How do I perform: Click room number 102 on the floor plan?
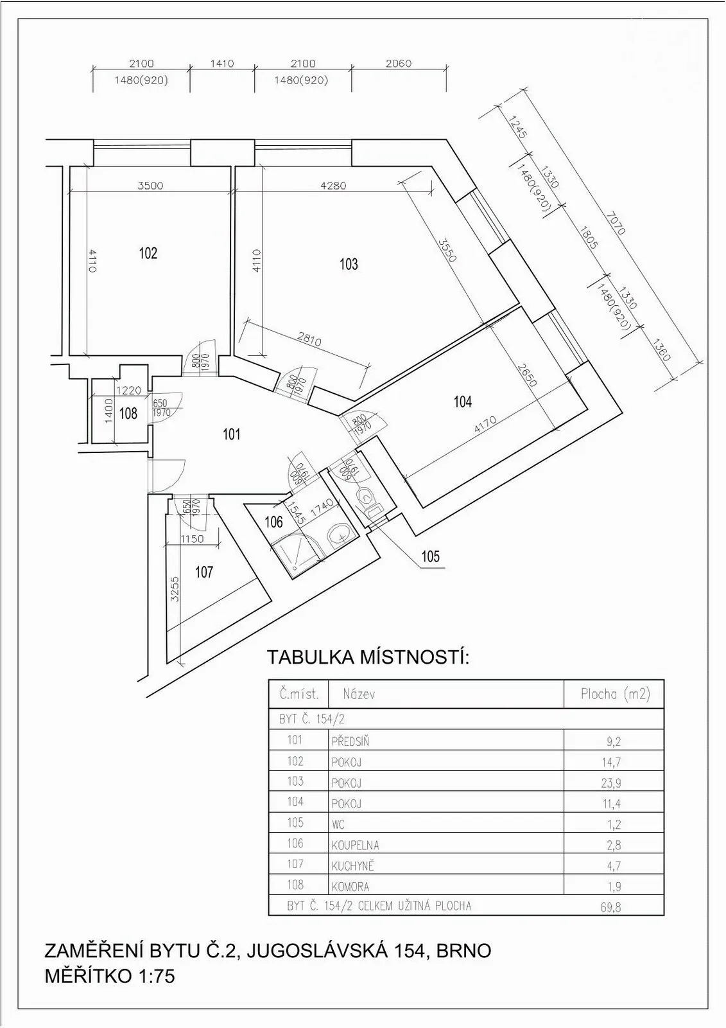(148, 253)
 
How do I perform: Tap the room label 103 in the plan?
(349, 264)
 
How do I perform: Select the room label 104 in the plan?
(462, 402)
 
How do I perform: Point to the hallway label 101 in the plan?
(231, 434)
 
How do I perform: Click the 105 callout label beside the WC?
(430, 556)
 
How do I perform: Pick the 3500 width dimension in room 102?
(150, 186)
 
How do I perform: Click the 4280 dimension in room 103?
(333, 186)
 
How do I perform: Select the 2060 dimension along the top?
(399, 64)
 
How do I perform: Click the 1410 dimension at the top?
(222, 64)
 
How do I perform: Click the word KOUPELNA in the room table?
(355, 846)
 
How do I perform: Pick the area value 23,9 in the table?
(614, 783)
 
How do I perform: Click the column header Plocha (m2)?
(615, 694)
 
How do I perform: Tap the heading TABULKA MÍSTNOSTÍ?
(368, 657)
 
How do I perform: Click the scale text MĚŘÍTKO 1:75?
(110, 976)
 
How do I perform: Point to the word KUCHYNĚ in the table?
(352, 866)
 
